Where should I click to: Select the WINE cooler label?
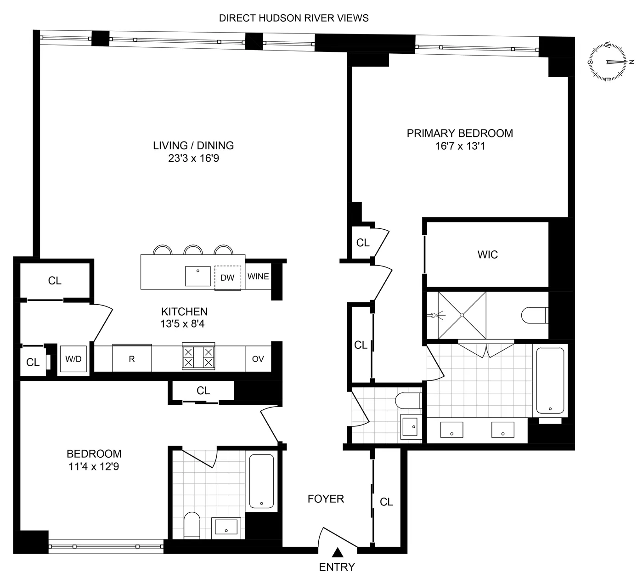(258, 277)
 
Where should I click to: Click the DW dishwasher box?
(227, 278)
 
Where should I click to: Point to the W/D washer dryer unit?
(73, 359)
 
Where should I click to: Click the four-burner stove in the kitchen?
(198, 357)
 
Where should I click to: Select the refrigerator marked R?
(132, 359)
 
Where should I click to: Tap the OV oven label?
(258, 359)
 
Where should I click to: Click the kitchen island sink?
(198, 276)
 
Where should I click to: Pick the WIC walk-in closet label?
(487, 255)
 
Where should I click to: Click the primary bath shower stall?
(462, 315)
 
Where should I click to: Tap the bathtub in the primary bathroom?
(550, 380)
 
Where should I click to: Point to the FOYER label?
(326, 499)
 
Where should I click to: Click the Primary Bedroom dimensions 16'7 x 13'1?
(460, 146)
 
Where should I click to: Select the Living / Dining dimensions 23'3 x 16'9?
(193, 159)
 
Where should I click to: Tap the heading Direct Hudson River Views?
(294, 18)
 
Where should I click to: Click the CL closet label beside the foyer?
(386, 502)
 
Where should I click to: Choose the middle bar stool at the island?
(193, 250)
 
